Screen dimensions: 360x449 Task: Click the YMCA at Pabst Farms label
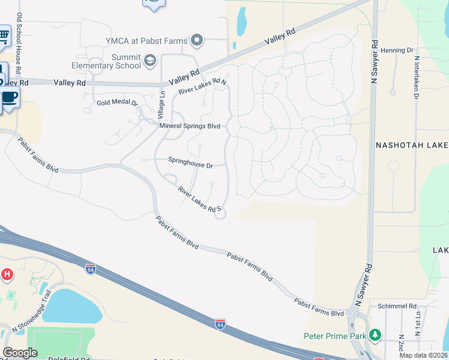click(x=147, y=41)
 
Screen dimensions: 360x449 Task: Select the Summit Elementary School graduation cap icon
click(x=149, y=60)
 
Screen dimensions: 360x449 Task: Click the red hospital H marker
click(x=7, y=275)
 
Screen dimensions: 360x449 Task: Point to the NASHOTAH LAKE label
click(x=412, y=145)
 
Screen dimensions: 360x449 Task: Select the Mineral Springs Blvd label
click(x=190, y=127)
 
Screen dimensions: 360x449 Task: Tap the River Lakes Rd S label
click(x=200, y=200)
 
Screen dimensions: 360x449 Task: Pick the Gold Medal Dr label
click(x=118, y=103)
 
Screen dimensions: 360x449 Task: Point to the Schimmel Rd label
click(x=397, y=306)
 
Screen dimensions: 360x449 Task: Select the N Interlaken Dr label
click(x=416, y=77)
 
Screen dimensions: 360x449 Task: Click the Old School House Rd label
click(x=19, y=38)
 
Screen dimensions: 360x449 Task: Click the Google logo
click(x=20, y=353)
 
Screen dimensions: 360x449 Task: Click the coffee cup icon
click(x=10, y=97)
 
